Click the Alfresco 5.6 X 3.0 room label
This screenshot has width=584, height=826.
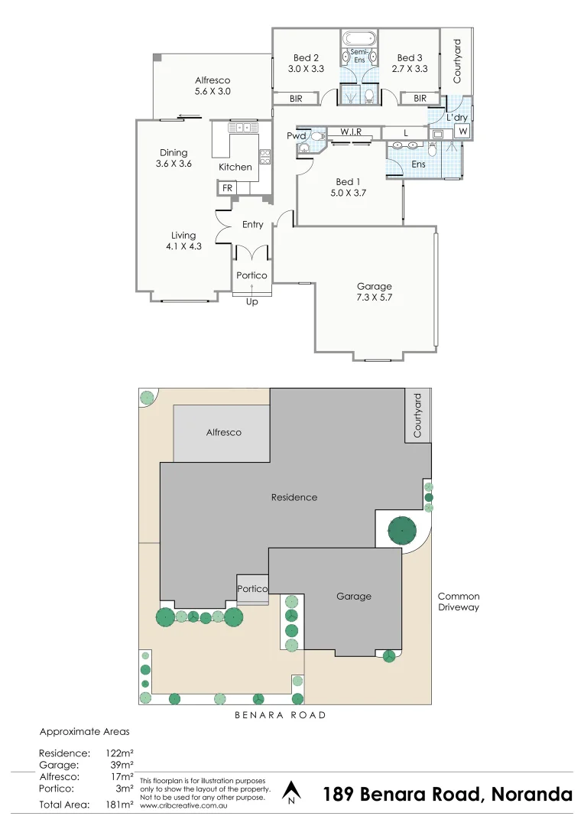[x=213, y=86]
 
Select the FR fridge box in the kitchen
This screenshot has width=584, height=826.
[x=227, y=188]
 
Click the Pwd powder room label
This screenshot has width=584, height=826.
[x=296, y=135]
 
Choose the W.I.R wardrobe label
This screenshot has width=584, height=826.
[x=351, y=132]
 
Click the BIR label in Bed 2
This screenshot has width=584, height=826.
[x=296, y=99]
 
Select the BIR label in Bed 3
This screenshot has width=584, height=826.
[x=420, y=99]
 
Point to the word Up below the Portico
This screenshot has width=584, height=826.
[x=251, y=301]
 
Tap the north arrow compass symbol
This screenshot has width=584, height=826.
[x=290, y=792]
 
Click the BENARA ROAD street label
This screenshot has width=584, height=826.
[x=280, y=715]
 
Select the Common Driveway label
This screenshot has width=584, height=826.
[x=458, y=602]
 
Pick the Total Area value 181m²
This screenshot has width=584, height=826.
[x=121, y=804]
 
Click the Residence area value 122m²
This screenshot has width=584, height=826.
[x=121, y=753]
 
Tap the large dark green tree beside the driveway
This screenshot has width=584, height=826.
[x=401, y=530]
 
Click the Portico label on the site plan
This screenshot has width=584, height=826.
[x=252, y=589]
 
